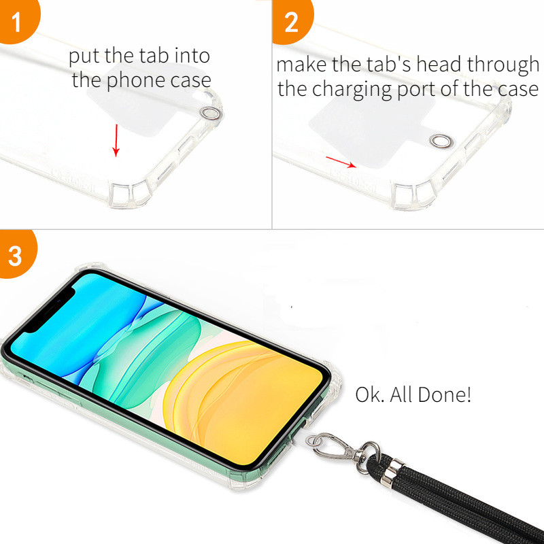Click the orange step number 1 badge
tap(18, 20)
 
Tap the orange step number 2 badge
tap(292, 21)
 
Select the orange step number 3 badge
tap(16, 255)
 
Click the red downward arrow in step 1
tap(116, 141)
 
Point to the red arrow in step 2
tap(341, 162)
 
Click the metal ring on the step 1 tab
tap(211, 113)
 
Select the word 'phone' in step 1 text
tap(135, 81)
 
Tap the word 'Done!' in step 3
tap(445, 394)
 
